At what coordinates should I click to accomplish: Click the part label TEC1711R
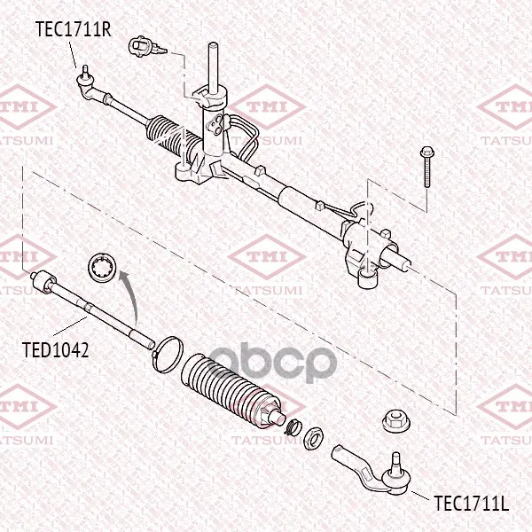coord(74,29)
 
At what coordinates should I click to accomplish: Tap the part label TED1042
coord(56,350)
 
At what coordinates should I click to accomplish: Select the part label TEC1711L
coord(472,503)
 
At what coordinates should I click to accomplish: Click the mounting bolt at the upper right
coord(426,167)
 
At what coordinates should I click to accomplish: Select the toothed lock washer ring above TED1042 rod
coord(103,267)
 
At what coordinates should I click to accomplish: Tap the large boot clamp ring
coord(168,355)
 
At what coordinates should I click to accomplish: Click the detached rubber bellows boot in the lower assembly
coord(231,389)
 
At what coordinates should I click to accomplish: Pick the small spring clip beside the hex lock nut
coord(292,426)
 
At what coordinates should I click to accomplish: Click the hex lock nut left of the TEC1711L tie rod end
coord(313,438)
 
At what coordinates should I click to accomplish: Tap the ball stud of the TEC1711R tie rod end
coord(85,73)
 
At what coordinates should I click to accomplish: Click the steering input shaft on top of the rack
coord(213,67)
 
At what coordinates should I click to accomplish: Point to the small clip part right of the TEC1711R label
coord(146,47)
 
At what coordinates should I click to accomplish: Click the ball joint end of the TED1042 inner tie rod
coord(43,282)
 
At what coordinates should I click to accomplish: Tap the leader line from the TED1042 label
coord(70,325)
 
